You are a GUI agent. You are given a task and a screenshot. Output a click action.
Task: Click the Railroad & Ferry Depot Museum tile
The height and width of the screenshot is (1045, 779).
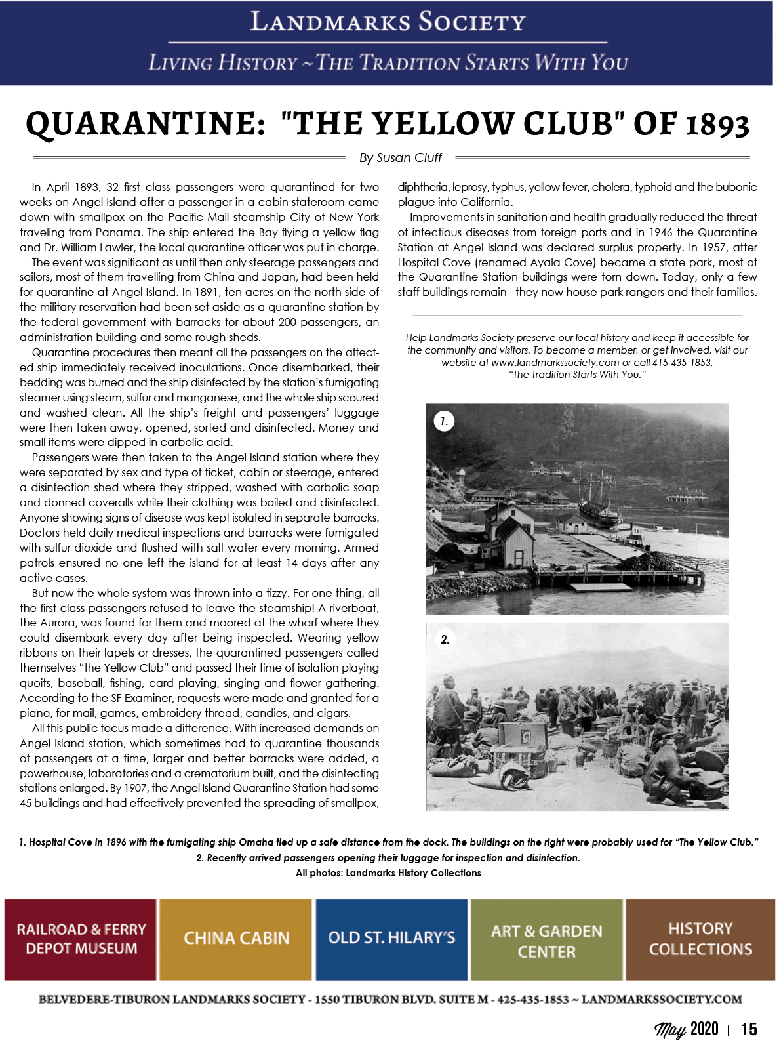81,939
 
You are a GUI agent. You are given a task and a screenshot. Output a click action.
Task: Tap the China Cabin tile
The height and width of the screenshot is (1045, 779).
236,939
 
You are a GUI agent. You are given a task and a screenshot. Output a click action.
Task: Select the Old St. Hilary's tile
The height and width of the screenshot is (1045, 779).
391,939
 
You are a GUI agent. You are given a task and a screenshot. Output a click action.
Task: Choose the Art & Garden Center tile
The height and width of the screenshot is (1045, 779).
546,940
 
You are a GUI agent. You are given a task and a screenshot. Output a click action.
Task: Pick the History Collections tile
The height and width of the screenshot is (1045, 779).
700,939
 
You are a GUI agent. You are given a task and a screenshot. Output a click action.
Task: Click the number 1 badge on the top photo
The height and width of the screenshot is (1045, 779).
444,421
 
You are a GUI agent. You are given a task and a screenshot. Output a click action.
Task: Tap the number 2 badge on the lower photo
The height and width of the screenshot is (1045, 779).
445,640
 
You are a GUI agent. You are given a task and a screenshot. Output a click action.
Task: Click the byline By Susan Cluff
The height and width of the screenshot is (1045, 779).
400,158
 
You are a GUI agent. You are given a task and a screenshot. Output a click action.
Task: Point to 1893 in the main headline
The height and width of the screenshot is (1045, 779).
717,124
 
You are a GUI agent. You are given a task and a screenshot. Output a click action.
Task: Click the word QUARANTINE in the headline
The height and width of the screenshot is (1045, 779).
145,124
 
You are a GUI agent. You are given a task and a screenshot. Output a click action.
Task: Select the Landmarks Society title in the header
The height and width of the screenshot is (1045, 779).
388,22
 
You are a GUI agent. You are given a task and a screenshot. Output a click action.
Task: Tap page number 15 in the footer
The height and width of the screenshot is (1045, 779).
749,1029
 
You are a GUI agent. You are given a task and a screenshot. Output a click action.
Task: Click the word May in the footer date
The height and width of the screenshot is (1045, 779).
670,1029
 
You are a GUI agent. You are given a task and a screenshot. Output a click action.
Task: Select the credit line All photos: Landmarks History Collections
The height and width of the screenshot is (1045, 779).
388,873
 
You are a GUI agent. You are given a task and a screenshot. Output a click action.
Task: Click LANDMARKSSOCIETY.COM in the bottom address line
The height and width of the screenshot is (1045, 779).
662,999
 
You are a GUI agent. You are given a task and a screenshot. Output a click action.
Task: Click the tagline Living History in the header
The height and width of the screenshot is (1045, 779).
222,63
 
